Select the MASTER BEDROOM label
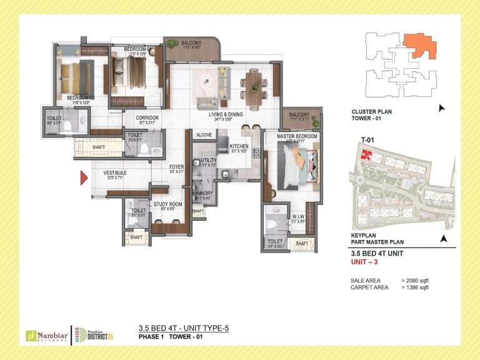click(297, 137)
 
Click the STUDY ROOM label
click(167, 204)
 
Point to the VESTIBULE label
click(115, 172)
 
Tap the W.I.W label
click(297, 217)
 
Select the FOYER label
click(177, 167)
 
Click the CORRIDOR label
click(147, 117)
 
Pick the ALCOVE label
click(204, 134)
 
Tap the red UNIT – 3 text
click(366, 262)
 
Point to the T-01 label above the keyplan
click(359, 139)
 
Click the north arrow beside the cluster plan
click(442, 108)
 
